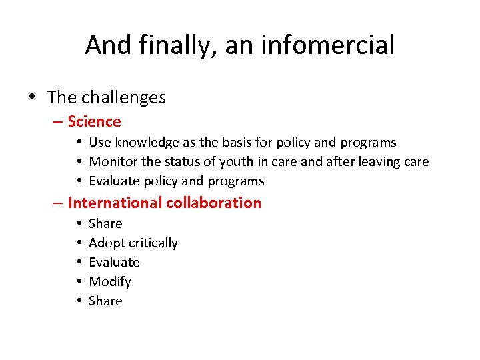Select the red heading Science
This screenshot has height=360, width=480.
94,121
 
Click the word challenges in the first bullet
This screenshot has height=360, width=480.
123,97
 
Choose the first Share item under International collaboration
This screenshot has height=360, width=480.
105,223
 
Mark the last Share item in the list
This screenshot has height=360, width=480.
105,301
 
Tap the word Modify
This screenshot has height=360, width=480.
110,281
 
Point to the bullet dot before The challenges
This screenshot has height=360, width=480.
33,98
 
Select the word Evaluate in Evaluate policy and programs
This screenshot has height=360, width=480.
114,181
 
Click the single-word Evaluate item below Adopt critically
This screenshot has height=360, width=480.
114,262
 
